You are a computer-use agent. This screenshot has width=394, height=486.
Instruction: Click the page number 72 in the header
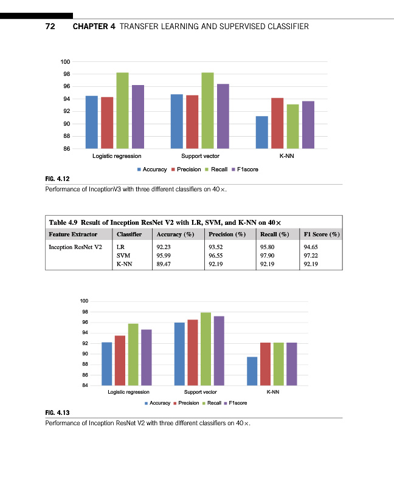pyautogui.click(x=51, y=27)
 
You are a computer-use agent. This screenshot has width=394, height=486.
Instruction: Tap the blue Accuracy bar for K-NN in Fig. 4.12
pyautogui.click(x=262, y=132)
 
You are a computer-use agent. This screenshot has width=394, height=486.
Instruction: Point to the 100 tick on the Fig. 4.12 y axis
pyautogui.click(x=66, y=62)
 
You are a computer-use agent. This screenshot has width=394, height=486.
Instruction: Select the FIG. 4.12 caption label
pyautogui.click(x=58, y=179)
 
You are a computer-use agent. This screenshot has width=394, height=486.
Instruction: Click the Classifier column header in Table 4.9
pyautogui.click(x=129, y=234)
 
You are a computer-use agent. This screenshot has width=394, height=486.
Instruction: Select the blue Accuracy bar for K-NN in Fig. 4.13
pyautogui.click(x=252, y=371)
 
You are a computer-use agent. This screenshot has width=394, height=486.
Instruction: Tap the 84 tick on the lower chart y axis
pyautogui.click(x=85, y=385)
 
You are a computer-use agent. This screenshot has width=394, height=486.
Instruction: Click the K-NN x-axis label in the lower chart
pyautogui.click(x=272, y=392)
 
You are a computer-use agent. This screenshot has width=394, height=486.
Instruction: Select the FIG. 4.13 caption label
pyautogui.click(x=58, y=413)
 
